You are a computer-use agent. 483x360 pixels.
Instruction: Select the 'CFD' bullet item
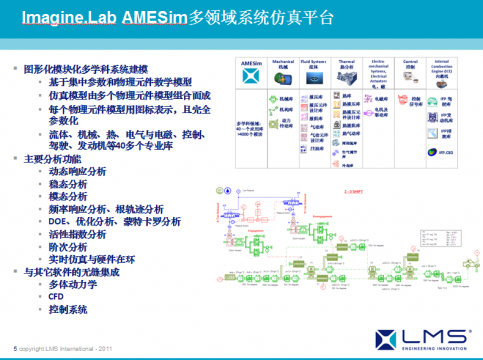coord(57,297)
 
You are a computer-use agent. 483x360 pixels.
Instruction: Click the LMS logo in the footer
coord(431,336)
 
